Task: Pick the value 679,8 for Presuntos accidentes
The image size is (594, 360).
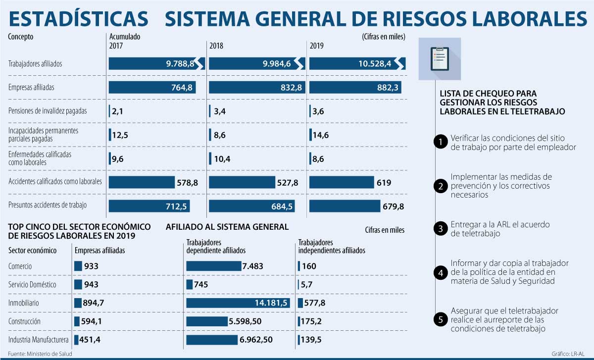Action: point(393,206)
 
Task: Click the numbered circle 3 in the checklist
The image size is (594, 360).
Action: point(440,228)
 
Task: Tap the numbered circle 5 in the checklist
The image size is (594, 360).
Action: point(440,319)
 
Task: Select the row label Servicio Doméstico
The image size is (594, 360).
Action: point(32,285)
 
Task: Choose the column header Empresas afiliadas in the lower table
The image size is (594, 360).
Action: point(99,251)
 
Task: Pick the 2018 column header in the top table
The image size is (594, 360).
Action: point(216,46)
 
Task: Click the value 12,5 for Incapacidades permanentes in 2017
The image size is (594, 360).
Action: point(120,134)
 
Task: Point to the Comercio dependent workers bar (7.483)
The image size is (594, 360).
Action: point(213,266)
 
